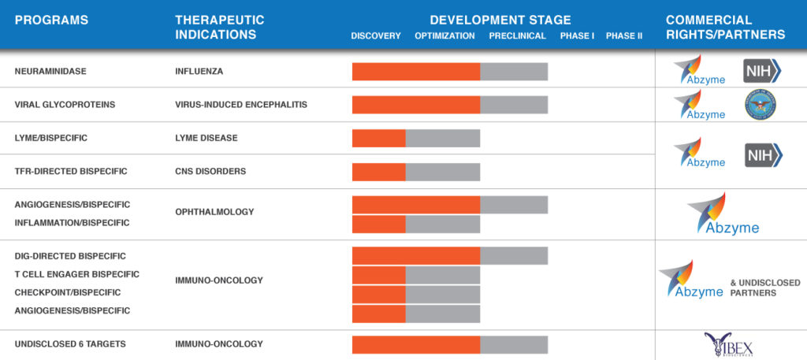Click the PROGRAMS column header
(x=51, y=20)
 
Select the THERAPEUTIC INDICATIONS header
(x=219, y=27)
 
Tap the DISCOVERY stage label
(x=376, y=36)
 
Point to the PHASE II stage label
(x=624, y=36)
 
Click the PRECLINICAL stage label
(x=517, y=36)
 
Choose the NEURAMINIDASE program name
(x=50, y=71)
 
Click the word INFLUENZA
(x=199, y=71)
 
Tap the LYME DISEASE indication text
(x=206, y=138)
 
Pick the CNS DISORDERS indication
(x=210, y=171)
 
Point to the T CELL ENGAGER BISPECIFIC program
(x=77, y=274)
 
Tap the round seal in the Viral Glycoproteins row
(x=761, y=104)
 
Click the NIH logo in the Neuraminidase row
(x=762, y=71)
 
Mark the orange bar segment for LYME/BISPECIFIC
(x=378, y=138)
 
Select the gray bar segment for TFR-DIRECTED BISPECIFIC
(x=442, y=171)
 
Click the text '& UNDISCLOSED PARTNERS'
(x=765, y=288)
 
